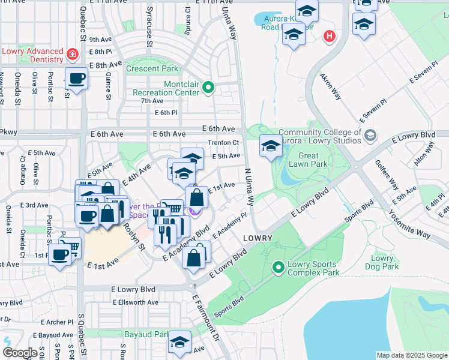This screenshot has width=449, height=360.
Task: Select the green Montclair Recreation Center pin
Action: [208, 88]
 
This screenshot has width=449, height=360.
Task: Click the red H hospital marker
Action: [328, 37]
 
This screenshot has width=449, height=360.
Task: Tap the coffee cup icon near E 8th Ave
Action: [76, 79]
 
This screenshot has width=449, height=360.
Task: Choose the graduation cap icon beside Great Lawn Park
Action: [270, 146]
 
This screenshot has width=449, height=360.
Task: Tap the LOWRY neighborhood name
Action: [258, 238]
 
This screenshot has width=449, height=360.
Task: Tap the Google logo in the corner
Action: [20, 353]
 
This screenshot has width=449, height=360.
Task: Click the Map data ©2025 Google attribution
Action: [411, 355]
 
